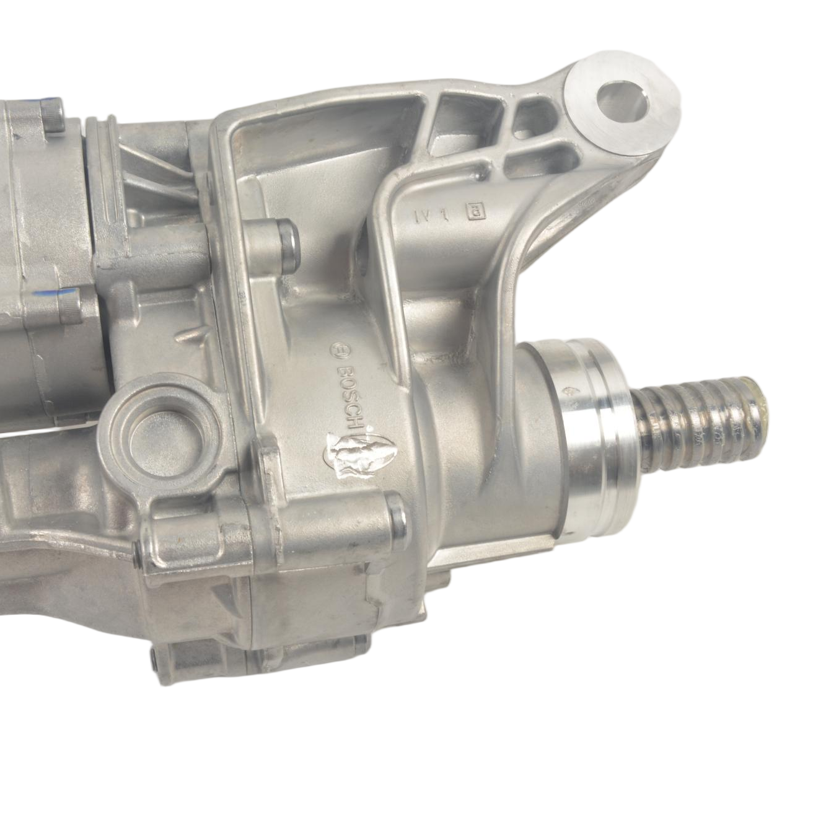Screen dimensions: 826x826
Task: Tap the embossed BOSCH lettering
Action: [350, 390]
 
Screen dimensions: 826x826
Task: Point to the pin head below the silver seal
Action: [397, 514]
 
